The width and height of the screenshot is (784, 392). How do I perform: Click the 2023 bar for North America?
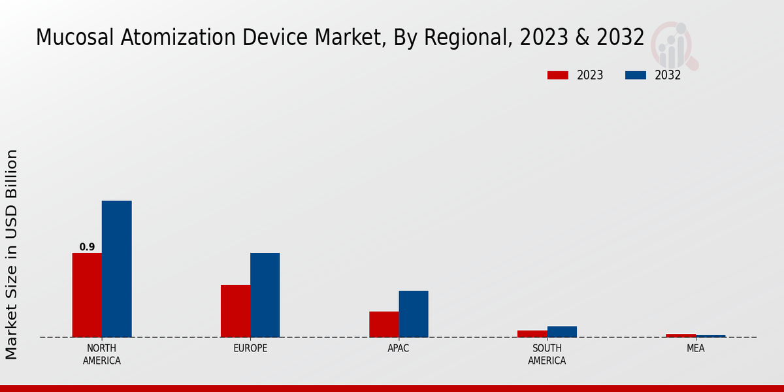[87, 295]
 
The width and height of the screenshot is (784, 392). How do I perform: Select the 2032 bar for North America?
[117, 269]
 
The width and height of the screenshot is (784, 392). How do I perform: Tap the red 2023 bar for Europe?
[235, 311]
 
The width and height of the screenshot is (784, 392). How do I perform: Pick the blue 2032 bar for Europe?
[265, 295]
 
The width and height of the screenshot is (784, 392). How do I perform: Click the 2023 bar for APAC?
[384, 324]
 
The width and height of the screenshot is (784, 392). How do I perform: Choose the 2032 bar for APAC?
[414, 314]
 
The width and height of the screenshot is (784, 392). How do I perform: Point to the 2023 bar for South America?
[532, 334]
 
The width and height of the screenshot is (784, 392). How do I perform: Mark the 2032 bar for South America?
[562, 332]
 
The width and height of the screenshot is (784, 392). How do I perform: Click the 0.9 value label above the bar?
[87, 247]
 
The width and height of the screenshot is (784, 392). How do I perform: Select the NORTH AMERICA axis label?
[102, 354]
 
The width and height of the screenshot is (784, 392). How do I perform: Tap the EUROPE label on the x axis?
[250, 348]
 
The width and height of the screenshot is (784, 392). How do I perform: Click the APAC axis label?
[399, 348]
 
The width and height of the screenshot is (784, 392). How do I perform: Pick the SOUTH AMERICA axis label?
[547, 354]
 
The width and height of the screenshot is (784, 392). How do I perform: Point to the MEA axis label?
[695, 348]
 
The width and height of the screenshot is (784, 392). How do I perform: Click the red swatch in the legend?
[558, 75]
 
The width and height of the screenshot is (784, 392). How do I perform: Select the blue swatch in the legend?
[636, 75]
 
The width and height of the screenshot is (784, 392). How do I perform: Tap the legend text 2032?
[668, 75]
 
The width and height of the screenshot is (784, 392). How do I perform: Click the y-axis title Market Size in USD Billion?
[12, 254]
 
